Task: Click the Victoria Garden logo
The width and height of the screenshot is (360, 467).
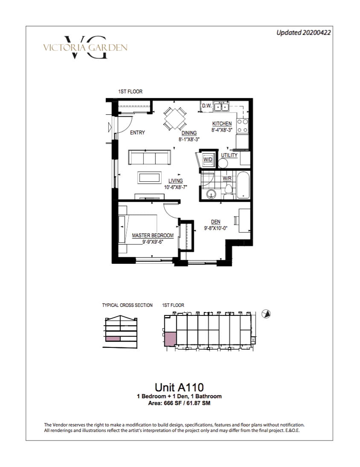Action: [85, 47]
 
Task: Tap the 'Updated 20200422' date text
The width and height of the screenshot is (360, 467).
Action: [303, 32]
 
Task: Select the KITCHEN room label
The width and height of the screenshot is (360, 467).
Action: [222, 124]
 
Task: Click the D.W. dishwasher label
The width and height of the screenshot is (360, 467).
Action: [206, 106]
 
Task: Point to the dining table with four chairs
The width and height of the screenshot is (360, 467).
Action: [175, 119]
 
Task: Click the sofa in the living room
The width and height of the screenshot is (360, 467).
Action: [149, 157]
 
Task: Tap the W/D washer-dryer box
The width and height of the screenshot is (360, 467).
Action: [208, 160]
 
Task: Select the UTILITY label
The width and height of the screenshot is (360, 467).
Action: [229, 155]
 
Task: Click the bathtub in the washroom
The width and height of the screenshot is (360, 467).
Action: [243, 185]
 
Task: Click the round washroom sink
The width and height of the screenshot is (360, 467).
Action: [211, 194]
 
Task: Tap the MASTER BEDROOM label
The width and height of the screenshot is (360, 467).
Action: [153, 235]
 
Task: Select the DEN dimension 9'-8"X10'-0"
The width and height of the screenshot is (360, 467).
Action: [216, 228]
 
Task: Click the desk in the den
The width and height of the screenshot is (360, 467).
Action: [244, 220]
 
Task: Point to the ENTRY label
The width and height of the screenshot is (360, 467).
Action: [137, 132]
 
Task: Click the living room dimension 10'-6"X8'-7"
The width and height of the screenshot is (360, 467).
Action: [176, 187]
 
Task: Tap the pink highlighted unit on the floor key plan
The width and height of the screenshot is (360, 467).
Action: [171, 339]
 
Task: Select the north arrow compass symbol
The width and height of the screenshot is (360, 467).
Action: [266, 314]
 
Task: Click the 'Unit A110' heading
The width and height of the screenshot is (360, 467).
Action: [179, 387]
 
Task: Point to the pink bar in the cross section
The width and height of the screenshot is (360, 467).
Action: [113, 339]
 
